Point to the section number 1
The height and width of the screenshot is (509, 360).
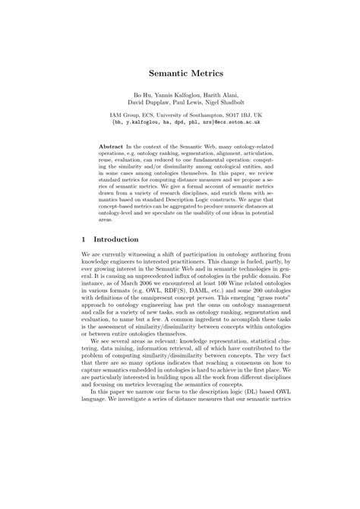(83, 260)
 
